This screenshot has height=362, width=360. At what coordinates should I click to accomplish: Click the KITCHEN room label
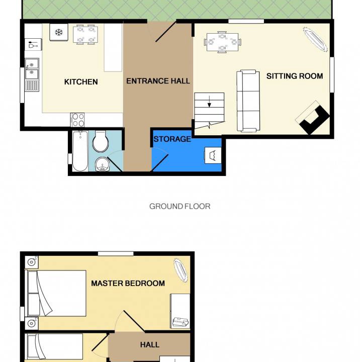pos(81,82)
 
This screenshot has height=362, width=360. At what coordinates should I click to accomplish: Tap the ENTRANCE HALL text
pos(158,81)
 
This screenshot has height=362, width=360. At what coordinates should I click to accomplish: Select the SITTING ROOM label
pos(295,76)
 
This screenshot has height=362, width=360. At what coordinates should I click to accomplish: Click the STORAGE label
pos(172,139)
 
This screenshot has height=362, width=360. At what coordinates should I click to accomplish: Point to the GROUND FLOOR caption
pos(179,206)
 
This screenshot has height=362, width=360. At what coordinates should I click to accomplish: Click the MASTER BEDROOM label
pos(128,283)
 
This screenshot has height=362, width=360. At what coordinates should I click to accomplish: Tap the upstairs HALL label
pos(150,345)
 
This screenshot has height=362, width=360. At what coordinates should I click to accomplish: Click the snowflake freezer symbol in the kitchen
pos(59,32)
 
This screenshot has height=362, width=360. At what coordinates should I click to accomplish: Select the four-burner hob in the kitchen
pos(77,120)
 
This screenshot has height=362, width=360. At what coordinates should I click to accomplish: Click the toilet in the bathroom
pos(100,141)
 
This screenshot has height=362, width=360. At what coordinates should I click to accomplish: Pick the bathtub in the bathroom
pos(80,151)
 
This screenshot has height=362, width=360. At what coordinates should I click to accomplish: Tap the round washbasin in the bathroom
pos(103,164)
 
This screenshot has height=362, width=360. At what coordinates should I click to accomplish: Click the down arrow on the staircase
pos(209,102)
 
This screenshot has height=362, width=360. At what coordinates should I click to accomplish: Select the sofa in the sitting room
pos(248,101)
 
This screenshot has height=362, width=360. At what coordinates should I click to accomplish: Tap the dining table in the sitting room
pos(222,42)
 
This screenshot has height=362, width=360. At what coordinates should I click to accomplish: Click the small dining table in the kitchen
pos(85,35)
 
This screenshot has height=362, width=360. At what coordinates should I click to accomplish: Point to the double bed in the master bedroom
pos(57,293)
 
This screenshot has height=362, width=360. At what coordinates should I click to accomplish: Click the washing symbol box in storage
pos(213,155)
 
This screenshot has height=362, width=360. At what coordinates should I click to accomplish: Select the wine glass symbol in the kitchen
pos(33,45)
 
